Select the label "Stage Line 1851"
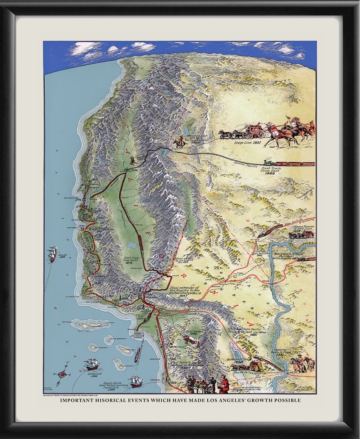tap(248, 143)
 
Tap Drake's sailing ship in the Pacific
tap(52, 254)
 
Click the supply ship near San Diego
tap(136, 381)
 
